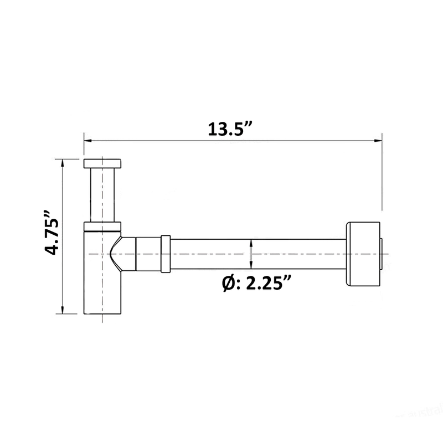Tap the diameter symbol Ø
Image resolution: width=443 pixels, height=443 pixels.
tap(228, 284)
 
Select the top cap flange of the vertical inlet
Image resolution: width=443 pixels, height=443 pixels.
tap(102, 163)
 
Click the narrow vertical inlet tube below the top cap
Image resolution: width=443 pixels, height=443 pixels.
tap(102, 194)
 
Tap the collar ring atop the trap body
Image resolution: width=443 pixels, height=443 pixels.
tap(102, 225)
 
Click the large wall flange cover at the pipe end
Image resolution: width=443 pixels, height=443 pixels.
tap(363, 254)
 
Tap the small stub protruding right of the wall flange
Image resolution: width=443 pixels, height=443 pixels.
tap(385, 254)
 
